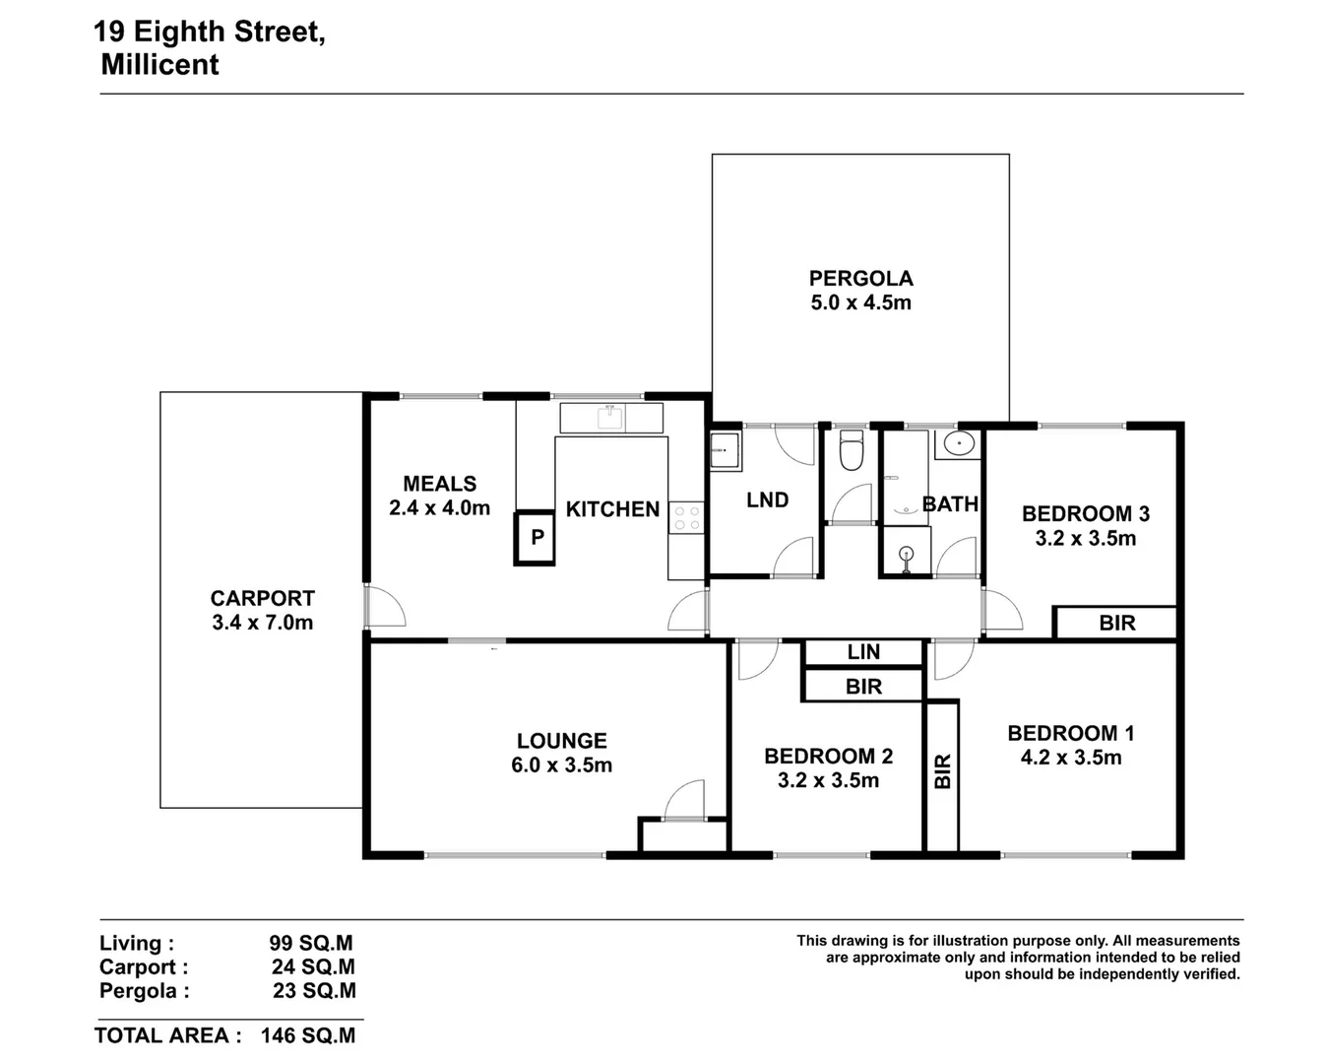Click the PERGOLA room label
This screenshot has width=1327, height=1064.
[860, 279]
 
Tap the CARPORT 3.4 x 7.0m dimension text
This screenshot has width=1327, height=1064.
[262, 623]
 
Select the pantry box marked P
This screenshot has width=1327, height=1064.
[537, 538]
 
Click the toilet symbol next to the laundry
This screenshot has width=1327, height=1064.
[850, 452]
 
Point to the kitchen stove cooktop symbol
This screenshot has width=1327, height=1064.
[686, 518]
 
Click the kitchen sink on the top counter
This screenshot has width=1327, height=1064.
[611, 418]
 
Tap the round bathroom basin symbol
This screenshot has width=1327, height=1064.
[956, 443]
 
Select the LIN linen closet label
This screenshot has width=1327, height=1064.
[863, 652]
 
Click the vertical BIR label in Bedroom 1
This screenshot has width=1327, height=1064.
[942, 771]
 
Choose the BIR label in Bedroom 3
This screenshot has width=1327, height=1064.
[1116, 624]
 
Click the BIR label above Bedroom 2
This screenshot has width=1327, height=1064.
[863, 687]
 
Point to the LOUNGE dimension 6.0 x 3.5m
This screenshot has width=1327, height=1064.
[561, 765]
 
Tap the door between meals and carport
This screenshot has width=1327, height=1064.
[383, 606]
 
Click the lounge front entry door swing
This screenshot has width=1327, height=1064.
[684, 799]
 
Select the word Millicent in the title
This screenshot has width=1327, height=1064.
[159, 65]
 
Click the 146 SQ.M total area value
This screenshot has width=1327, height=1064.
[308, 1035]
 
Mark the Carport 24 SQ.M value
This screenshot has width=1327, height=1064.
[313, 967]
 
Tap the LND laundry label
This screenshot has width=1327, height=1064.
[767, 500]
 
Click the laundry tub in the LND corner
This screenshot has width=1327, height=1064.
[726, 452]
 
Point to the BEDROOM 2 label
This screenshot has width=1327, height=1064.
[828, 757]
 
